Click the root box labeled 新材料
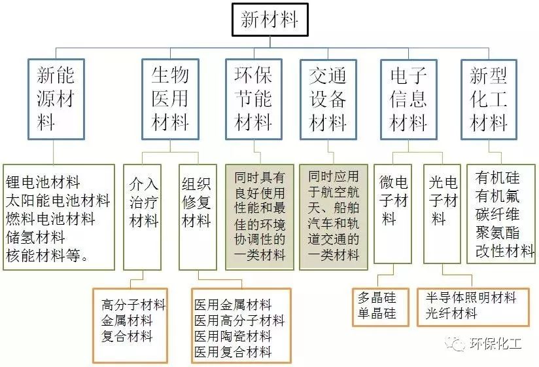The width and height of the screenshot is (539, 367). coord(270,20)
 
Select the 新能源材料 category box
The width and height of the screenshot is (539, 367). coord(56,99)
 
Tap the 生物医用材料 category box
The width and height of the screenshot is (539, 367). coord(171,99)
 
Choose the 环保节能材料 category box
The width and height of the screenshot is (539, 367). coord(254,99)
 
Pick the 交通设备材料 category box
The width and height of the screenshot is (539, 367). coord(328,99)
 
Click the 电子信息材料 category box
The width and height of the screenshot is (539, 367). coord(409,99)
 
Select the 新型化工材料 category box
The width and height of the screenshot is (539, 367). coord(489,99)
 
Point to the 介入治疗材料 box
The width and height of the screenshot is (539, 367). coord(143,217)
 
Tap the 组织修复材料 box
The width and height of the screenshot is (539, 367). coord(198,217)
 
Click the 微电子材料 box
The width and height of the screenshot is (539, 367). coord(393,214)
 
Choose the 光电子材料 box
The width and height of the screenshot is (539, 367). coord(442,214)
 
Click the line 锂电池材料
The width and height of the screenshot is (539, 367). coord(43,182)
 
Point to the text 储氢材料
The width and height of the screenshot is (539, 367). coord(35,237)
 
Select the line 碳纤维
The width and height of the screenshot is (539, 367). coord(497,214)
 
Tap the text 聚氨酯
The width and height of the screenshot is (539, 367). coord(497,233)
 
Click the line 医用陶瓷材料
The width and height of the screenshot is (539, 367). coord(234,336)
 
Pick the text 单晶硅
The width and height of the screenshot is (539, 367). coord(377,313)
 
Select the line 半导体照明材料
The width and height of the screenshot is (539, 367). coord(471,297)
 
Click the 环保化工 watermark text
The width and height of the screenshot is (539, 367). coord(495,343)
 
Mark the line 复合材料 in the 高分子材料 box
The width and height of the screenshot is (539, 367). coord(127,336)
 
